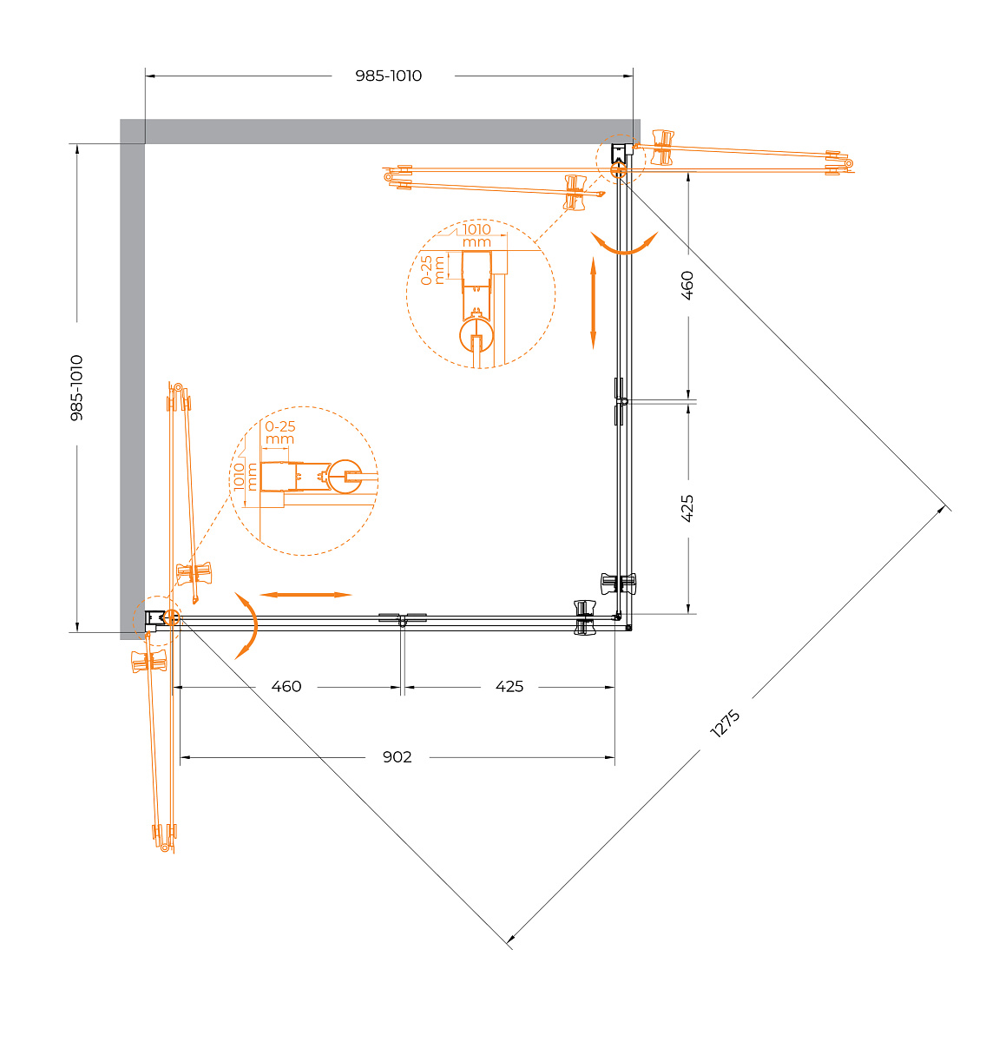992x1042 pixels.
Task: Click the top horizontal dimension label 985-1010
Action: click(389, 76)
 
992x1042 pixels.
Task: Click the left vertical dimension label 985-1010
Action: click(77, 387)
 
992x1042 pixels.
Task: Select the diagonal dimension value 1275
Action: click(725, 723)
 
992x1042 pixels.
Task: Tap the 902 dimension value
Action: click(397, 757)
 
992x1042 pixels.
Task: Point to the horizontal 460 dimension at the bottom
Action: click(286, 686)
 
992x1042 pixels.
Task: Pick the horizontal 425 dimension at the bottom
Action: click(509, 686)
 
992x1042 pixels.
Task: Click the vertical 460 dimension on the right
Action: click(687, 285)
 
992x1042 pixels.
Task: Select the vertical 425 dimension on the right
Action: click(687, 508)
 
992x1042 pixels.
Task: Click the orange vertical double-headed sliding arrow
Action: click(593, 303)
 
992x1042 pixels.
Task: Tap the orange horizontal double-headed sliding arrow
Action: click(305, 595)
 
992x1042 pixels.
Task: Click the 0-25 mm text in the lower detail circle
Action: click(279, 432)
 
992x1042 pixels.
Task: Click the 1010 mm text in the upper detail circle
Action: click(476, 235)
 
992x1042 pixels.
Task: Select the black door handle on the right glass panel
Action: click(619, 584)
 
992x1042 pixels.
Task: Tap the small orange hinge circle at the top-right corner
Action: click(619, 170)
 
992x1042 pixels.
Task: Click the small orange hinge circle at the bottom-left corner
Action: click(171, 617)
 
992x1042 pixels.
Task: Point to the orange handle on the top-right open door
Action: click(662, 148)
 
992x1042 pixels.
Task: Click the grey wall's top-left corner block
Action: click(133, 131)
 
